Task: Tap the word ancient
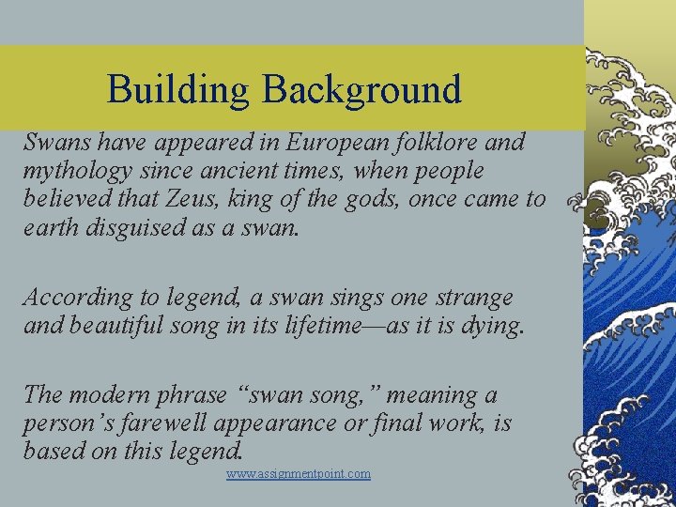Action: coord(257,171)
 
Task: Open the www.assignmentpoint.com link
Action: coord(299,474)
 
